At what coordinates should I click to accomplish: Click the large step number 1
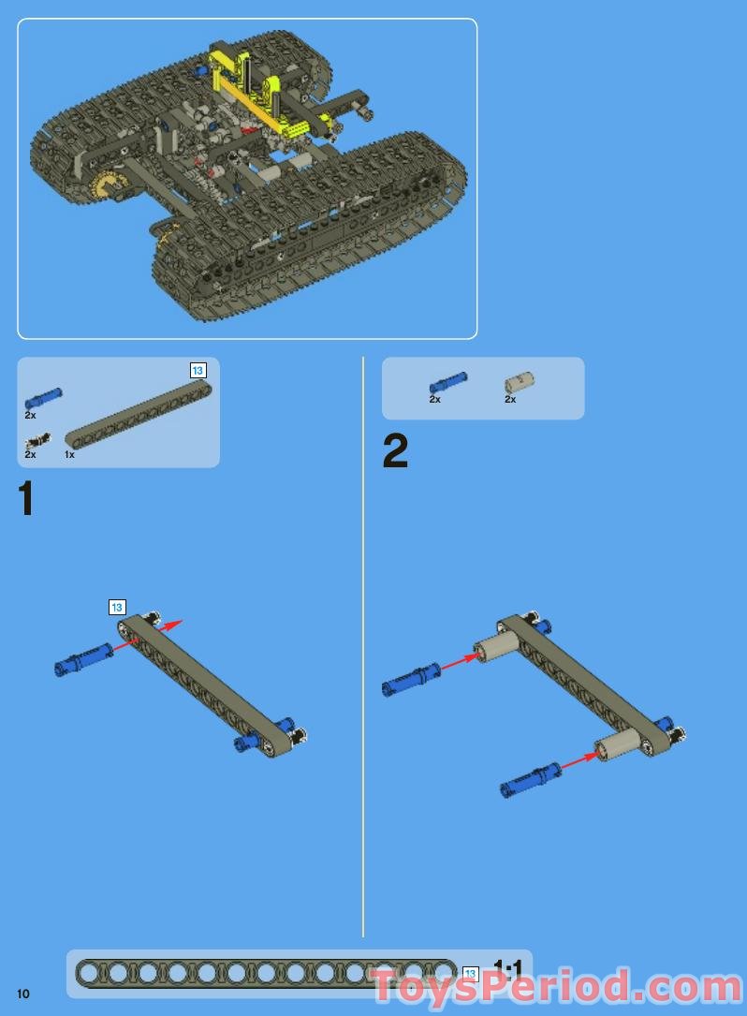tap(26, 498)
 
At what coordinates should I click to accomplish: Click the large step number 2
tap(395, 451)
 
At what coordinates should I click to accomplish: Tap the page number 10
tap(23, 993)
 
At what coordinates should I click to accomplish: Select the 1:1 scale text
tap(507, 968)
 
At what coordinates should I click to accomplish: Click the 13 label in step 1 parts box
tap(198, 371)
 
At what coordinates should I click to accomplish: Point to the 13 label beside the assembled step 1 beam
tap(117, 608)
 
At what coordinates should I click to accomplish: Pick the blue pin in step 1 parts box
tap(43, 397)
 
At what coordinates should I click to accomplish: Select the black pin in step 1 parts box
tap(37, 441)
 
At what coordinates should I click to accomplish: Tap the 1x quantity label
tap(69, 455)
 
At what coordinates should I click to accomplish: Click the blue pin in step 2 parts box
tap(447, 382)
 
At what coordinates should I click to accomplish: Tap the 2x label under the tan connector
tap(510, 400)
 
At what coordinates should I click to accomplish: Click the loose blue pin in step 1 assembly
tap(83, 659)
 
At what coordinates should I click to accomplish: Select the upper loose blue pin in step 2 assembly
tap(411, 680)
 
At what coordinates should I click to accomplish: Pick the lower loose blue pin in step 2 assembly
tap(531, 779)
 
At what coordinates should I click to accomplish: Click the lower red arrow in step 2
tap(579, 760)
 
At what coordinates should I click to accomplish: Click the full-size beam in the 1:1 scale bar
tap(266, 974)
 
